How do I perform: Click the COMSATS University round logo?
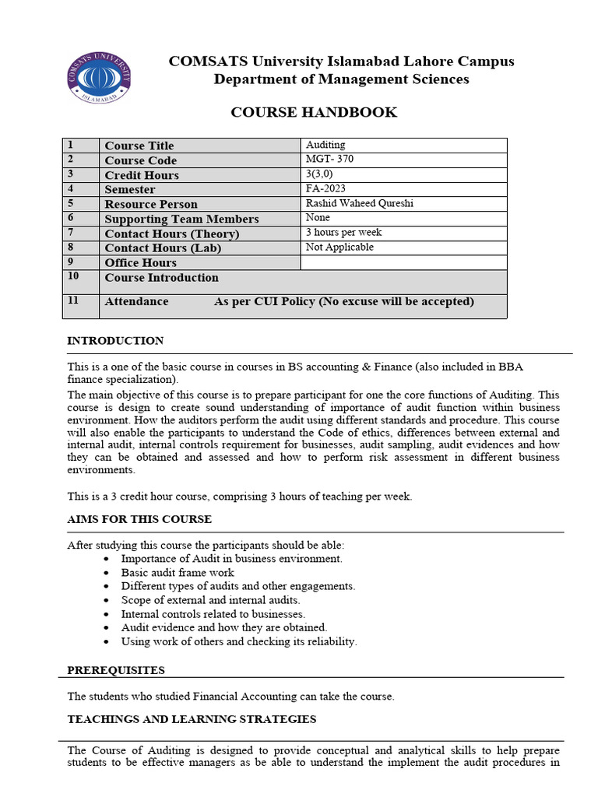(99, 77)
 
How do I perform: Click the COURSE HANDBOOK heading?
(314, 112)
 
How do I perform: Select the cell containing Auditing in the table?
(325, 145)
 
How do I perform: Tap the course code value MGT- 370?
(330, 160)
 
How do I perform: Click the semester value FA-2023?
(326, 188)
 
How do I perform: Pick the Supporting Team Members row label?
(181, 219)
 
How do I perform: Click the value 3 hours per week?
(343, 232)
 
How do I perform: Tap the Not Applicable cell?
(339, 247)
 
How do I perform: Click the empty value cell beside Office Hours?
(403, 262)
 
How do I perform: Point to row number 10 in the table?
(73, 276)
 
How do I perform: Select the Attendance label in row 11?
(136, 301)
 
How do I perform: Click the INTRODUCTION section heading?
(115, 341)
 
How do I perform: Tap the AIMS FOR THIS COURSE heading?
(139, 519)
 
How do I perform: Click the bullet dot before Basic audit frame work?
(107, 573)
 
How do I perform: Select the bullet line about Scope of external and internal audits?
(210, 600)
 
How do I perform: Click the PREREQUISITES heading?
(116, 670)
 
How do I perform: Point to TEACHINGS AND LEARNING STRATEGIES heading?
(192, 719)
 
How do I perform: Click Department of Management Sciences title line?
(341, 79)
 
